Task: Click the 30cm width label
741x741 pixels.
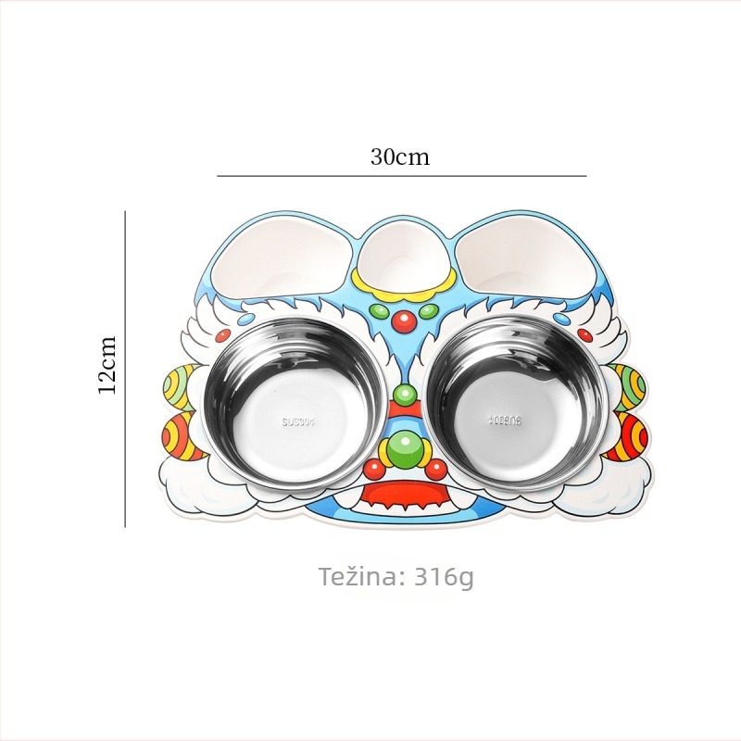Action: click(400, 157)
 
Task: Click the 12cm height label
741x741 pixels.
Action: click(107, 365)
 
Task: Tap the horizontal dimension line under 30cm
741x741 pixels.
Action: click(402, 176)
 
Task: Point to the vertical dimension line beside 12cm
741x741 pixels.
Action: click(125, 369)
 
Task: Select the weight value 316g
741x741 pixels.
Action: click(445, 577)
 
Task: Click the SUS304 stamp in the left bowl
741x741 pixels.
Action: click(301, 421)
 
